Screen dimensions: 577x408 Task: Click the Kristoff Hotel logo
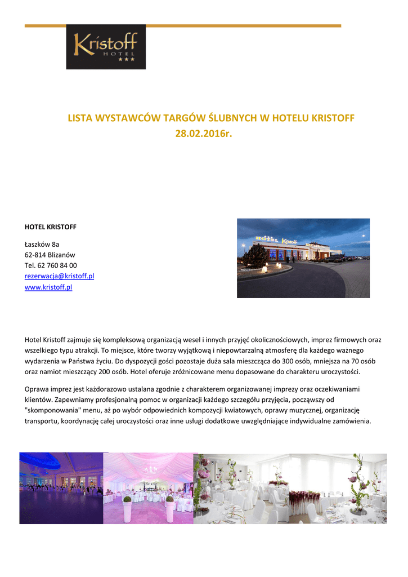(106, 47)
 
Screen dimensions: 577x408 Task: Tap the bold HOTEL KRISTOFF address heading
(51, 227)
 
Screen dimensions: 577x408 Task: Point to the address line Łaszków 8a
(42, 244)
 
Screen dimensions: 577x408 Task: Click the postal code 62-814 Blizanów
(50, 255)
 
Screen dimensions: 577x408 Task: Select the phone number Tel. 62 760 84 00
(51, 265)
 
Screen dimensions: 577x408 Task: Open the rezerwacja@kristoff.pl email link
(59, 276)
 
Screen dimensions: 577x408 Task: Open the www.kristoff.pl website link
(48, 287)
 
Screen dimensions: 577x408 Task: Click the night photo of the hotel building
(303, 258)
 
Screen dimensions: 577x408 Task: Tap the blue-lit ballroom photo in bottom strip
(61, 488)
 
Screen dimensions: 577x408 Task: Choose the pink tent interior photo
(148, 488)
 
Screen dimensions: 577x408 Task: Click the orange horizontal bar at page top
(183, 26)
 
